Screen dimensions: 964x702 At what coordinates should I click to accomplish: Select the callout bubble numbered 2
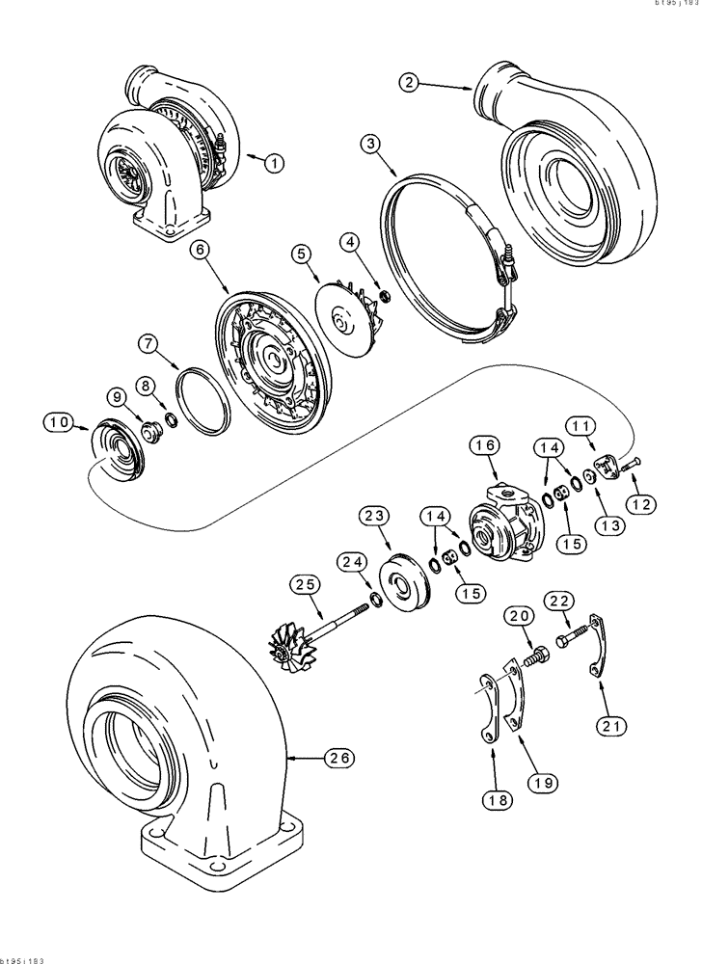(x=410, y=84)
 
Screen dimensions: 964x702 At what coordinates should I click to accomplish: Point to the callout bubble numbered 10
(x=58, y=421)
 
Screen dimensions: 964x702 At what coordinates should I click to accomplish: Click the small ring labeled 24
(x=377, y=602)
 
